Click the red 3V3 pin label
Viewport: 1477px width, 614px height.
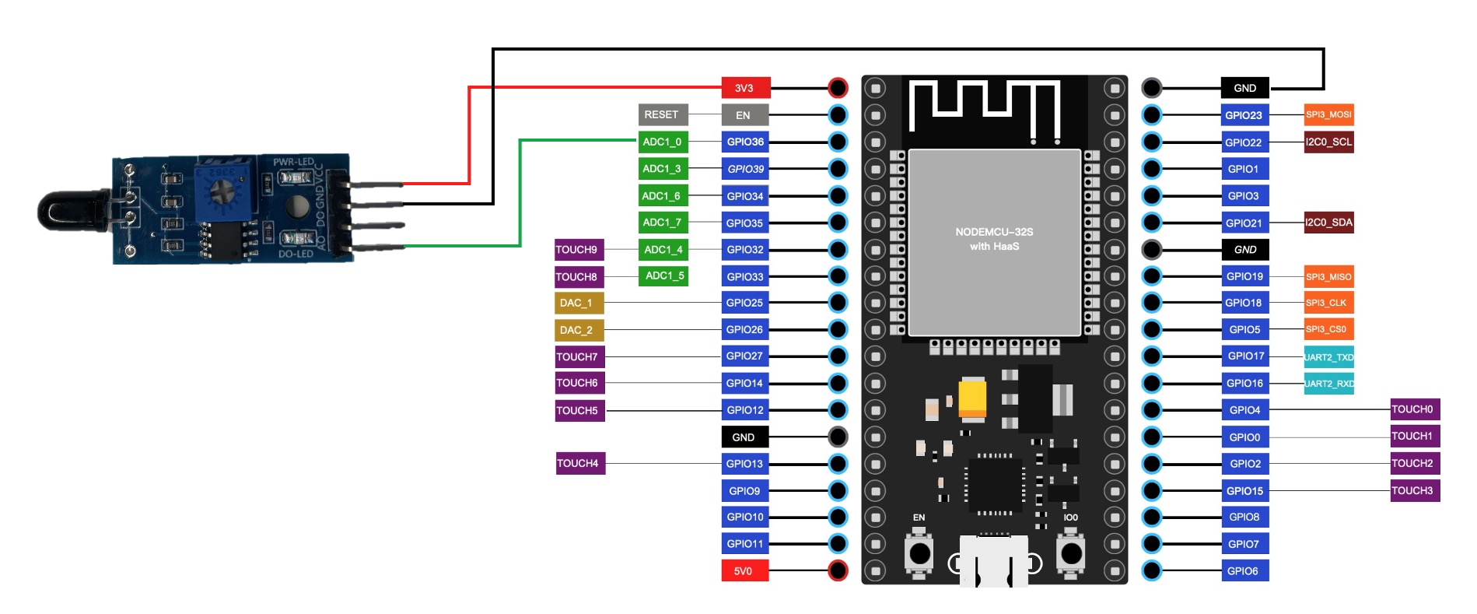[x=745, y=88]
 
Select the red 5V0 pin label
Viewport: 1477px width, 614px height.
[x=744, y=570]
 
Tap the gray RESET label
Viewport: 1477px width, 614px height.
[x=662, y=114]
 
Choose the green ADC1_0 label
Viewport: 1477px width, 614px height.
[x=662, y=142]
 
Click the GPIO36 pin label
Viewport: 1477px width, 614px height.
[x=745, y=142]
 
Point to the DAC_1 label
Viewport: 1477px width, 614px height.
[x=577, y=303]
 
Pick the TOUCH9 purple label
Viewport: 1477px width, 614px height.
[x=577, y=250]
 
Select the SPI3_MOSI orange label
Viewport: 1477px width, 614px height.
[x=1328, y=114]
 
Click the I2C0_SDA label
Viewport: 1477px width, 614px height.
[x=1328, y=223]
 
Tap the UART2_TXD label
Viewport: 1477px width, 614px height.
[x=1328, y=357]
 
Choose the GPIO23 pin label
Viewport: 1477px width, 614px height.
[x=1244, y=115]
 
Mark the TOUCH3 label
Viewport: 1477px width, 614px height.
[x=1413, y=490]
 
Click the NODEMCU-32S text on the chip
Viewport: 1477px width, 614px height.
[x=994, y=232]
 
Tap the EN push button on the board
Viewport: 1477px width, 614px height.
[x=919, y=553]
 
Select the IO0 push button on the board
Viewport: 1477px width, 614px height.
[x=1071, y=553]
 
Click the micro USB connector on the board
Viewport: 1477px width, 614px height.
[x=994, y=562]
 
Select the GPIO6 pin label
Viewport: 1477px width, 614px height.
[x=1243, y=570]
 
